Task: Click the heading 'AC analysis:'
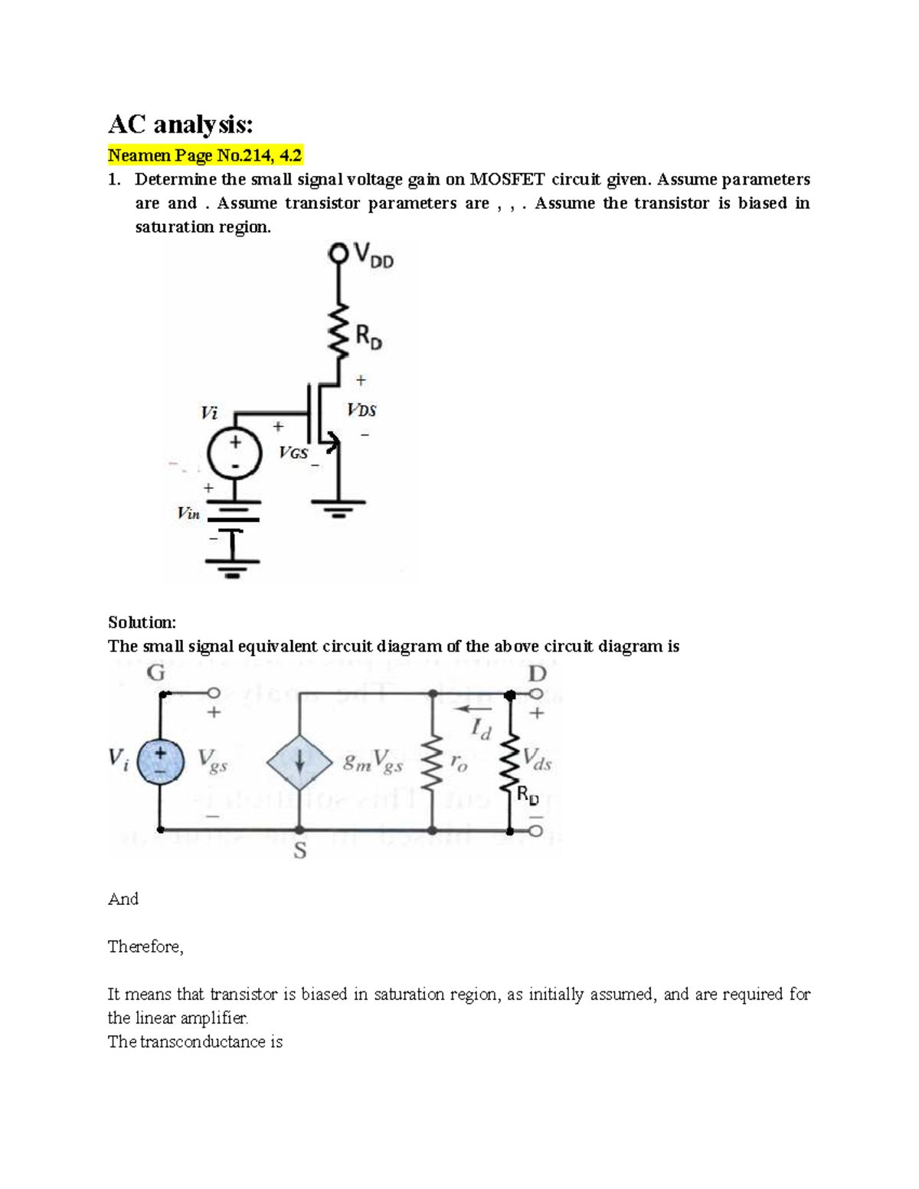(180, 124)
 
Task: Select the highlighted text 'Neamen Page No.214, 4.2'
(205, 156)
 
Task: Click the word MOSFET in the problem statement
(507, 180)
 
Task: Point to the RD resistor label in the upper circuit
(368, 337)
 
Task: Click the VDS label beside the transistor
(361, 410)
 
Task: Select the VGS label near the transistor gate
(293, 452)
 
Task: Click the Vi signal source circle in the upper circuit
(236, 454)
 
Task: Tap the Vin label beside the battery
(188, 514)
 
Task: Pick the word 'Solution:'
(142, 622)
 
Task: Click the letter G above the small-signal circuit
(155, 673)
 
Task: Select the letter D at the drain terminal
(538, 674)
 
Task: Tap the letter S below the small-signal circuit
(300, 851)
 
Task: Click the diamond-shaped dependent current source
(299, 763)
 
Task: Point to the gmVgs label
(373, 763)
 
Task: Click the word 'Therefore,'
(146, 947)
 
